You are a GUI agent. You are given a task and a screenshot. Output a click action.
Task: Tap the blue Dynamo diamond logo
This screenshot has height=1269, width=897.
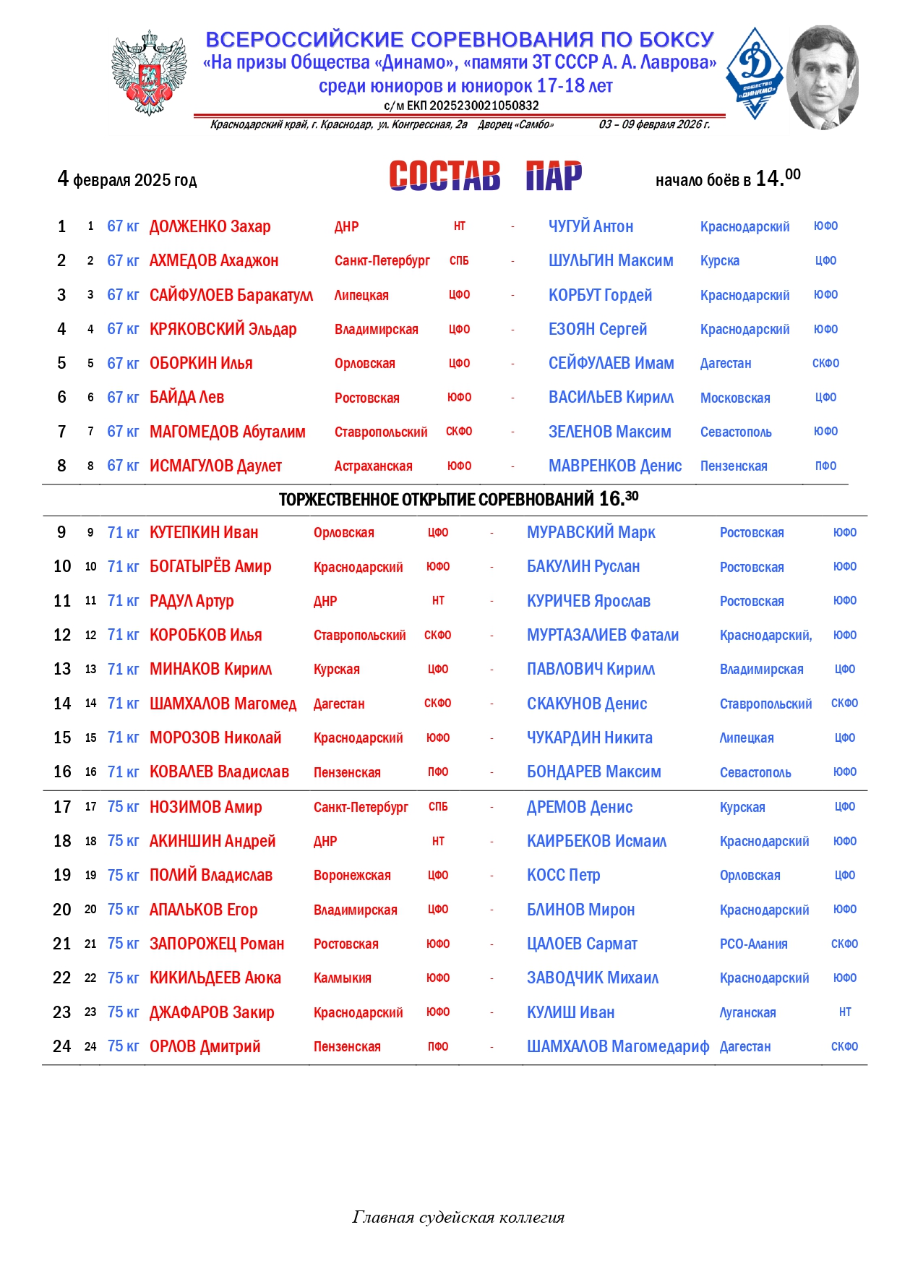(755, 72)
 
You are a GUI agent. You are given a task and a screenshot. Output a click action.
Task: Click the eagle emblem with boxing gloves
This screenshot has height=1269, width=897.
(150, 72)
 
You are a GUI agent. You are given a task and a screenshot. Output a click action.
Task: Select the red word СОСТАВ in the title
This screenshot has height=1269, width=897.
(444, 176)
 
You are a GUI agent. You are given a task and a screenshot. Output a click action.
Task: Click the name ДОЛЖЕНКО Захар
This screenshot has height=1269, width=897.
(210, 226)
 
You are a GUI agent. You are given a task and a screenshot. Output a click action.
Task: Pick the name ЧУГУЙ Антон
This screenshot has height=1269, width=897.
(591, 226)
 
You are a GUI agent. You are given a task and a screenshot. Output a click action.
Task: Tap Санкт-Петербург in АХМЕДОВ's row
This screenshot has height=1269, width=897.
(382, 260)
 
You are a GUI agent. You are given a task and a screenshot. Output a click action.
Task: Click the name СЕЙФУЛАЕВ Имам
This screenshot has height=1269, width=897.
(611, 363)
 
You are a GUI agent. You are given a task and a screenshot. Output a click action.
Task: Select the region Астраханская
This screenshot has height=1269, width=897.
(373, 466)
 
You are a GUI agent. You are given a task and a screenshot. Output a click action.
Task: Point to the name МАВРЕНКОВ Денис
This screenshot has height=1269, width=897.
(614, 466)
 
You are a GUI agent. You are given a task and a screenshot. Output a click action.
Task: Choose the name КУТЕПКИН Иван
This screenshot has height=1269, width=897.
(203, 533)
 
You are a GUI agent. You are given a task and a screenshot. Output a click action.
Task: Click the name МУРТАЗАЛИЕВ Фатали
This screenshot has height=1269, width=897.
(602, 635)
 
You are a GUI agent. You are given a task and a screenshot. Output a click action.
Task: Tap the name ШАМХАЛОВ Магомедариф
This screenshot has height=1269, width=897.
(617, 1046)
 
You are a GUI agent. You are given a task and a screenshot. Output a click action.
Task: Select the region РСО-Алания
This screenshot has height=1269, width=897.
(753, 944)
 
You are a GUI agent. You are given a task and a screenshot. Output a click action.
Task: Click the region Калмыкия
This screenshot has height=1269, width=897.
(342, 978)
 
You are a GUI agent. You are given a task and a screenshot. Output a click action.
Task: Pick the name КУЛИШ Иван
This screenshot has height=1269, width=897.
(570, 1012)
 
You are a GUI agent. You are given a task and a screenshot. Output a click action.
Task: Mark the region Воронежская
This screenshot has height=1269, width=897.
(352, 876)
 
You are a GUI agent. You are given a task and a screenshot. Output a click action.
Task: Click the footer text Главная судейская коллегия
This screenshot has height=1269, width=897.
(458, 1217)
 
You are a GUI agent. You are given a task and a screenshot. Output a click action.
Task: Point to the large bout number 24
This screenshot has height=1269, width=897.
(62, 1046)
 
